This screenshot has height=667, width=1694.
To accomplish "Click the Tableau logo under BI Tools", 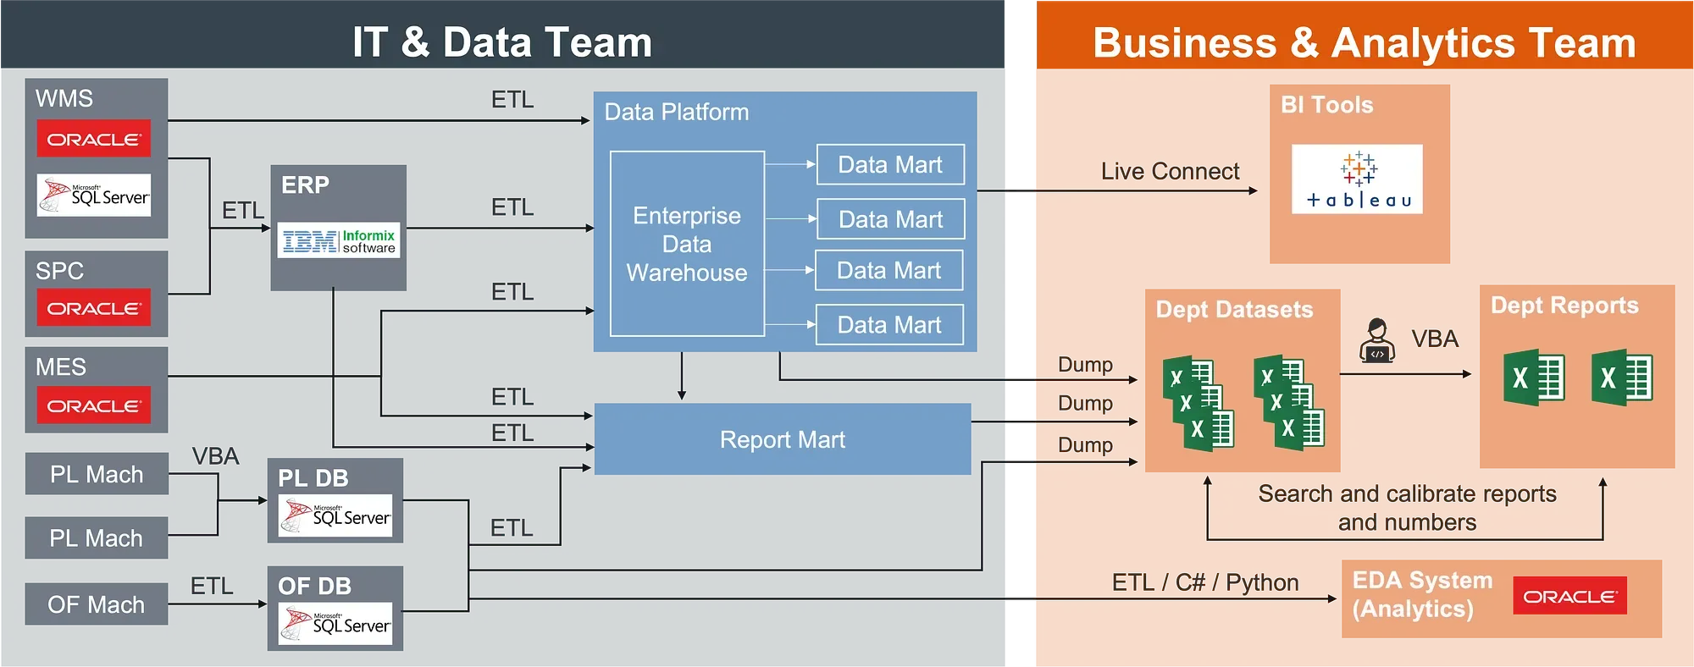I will (x=1357, y=179).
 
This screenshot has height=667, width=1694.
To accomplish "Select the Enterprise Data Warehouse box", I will (x=687, y=244).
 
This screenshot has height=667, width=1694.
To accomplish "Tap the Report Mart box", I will (x=783, y=439).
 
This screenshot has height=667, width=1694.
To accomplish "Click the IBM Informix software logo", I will (x=339, y=241).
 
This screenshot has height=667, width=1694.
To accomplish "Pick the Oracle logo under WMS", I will (x=94, y=139).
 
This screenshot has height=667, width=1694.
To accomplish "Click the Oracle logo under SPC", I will (x=94, y=308).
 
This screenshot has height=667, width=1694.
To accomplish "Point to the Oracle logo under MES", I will (x=94, y=405).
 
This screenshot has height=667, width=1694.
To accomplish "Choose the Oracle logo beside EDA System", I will (x=1569, y=596).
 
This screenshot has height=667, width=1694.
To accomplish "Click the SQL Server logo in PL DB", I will (x=335, y=515).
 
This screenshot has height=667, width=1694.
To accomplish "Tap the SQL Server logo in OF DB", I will (x=335, y=624).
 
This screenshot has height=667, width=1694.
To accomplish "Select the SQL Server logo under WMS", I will (x=94, y=196).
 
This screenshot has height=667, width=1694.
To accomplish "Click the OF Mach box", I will (x=97, y=604).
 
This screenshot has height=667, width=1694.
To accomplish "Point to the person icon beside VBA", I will (x=1377, y=340).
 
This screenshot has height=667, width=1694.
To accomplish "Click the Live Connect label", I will (x=1170, y=171).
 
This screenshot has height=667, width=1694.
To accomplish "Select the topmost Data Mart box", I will (x=890, y=164).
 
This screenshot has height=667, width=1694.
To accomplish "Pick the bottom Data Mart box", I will (x=889, y=325).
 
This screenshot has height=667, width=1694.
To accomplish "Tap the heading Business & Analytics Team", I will (x=1365, y=42).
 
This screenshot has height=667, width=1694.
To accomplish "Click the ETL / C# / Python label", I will (x=1205, y=582).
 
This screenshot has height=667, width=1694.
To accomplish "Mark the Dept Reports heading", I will (x=1564, y=306).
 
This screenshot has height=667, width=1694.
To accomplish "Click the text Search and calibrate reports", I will (x=1407, y=494).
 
